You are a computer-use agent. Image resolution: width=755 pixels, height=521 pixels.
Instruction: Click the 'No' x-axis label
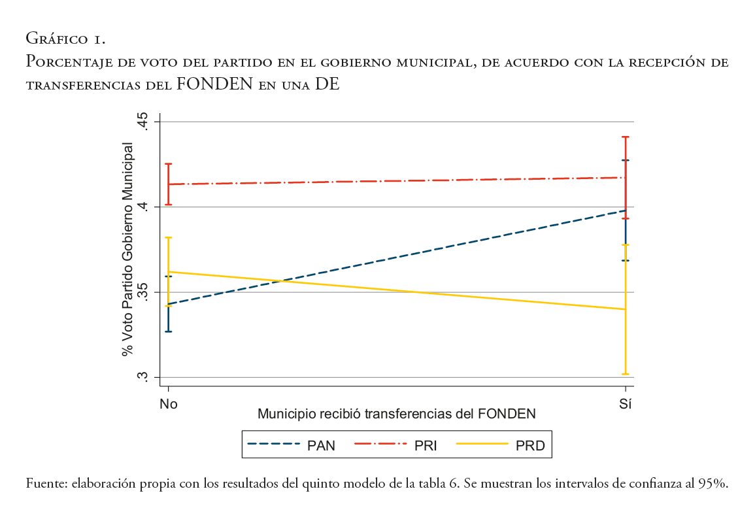169,404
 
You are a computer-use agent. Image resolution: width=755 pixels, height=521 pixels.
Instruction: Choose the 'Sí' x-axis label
626,404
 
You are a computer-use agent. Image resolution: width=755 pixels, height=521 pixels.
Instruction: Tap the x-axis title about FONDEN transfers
397,414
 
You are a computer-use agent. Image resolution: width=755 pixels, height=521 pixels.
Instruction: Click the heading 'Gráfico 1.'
65,40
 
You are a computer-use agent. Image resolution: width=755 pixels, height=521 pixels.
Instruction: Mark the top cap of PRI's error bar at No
169,164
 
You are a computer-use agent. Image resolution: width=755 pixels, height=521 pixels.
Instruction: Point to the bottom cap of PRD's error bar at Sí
626,374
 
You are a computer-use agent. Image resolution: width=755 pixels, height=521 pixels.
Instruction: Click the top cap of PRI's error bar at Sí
626,137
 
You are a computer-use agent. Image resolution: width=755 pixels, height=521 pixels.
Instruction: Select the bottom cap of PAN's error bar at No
169,331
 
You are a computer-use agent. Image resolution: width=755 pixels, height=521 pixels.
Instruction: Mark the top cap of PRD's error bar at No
169,238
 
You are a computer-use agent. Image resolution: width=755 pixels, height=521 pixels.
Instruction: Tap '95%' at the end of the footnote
713,484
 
